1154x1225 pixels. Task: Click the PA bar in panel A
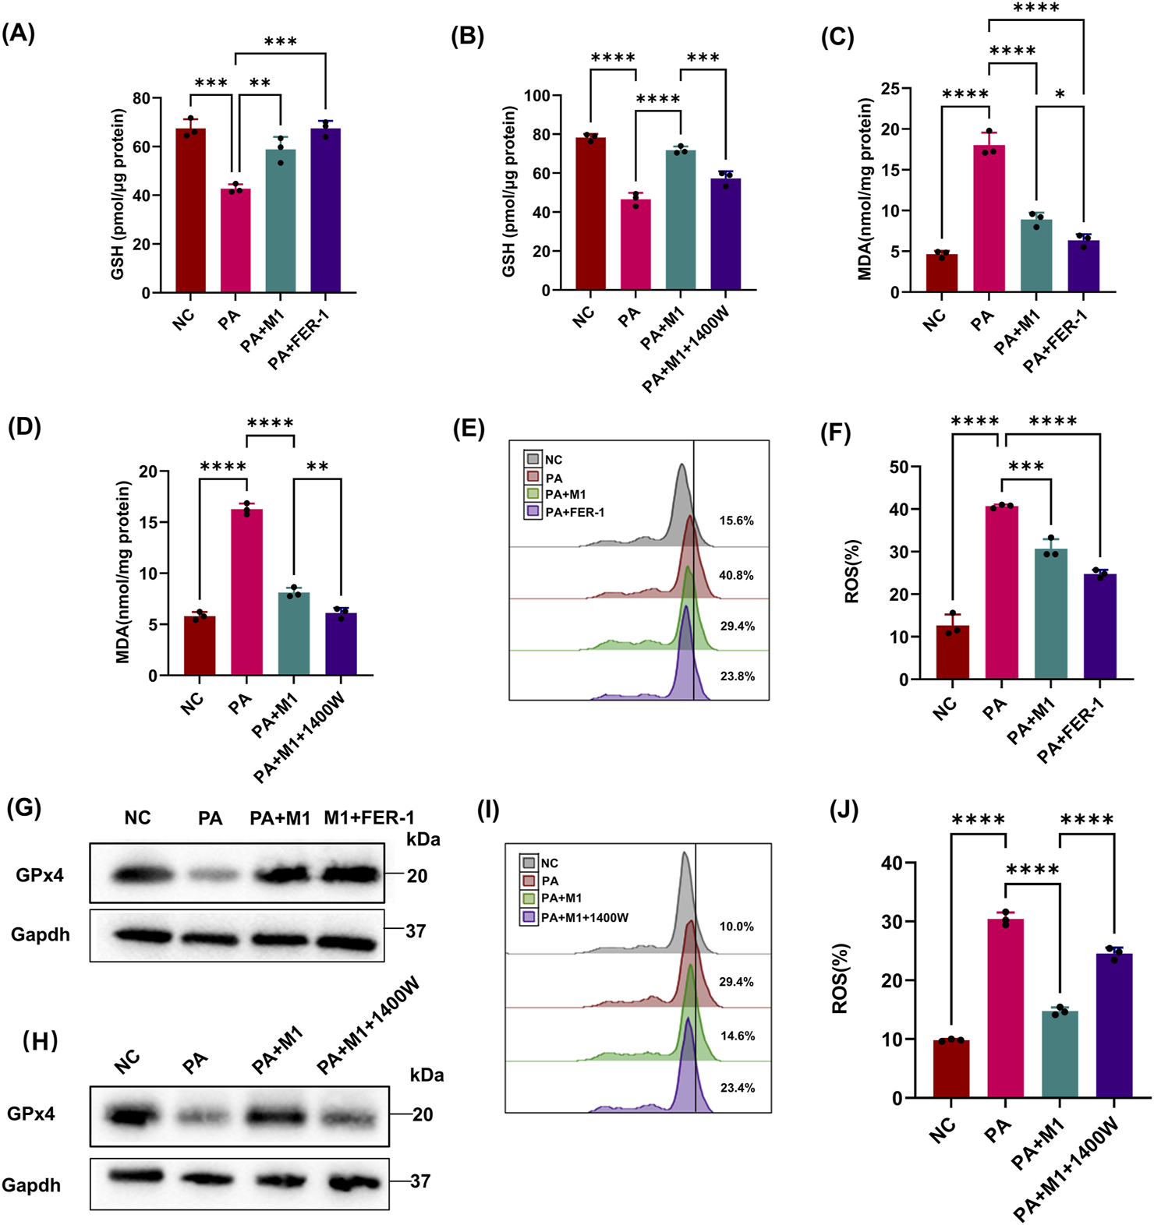pyautogui.click(x=235, y=241)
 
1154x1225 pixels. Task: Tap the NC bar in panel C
pyautogui.click(x=943, y=273)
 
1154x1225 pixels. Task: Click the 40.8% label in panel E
pyautogui.click(x=736, y=575)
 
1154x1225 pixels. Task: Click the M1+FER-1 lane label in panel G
pyautogui.click(x=369, y=817)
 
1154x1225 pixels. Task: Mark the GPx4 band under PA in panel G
pyautogui.click(x=210, y=876)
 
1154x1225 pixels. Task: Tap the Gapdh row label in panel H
pyautogui.click(x=31, y=1184)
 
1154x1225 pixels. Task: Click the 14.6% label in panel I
pyautogui.click(x=736, y=1036)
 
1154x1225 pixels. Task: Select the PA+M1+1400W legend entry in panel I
pyautogui.click(x=584, y=917)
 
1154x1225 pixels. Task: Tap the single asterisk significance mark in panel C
pyautogui.click(x=1060, y=95)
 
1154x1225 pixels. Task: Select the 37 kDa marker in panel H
pyautogui.click(x=420, y=1181)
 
